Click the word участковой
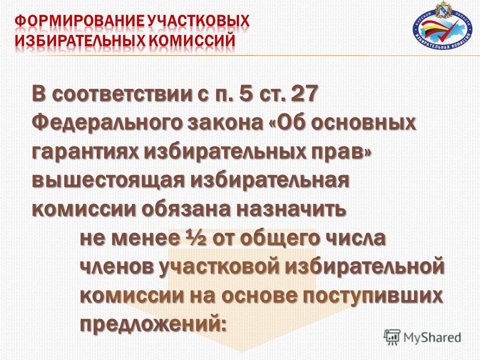point(219,267)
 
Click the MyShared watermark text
point(432,337)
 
